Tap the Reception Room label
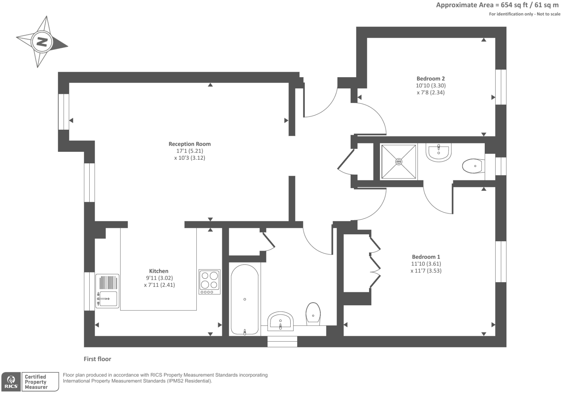[x=189, y=144]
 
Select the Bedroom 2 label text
[x=431, y=79]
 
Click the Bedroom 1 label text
[x=426, y=257]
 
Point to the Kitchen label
[x=159, y=271]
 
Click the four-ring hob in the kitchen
[x=209, y=281]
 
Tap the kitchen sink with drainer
[x=107, y=291]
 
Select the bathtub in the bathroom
[x=245, y=299]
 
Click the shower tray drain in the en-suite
[x=399, y=162]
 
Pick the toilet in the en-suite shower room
[x=473, y=166]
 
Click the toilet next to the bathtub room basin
[x=313, y=314]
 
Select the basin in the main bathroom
[x=280, y=321]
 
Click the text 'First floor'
[x=97, y=359]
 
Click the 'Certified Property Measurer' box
[x=40, y=382]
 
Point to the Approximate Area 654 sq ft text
[x=497, y=5]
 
